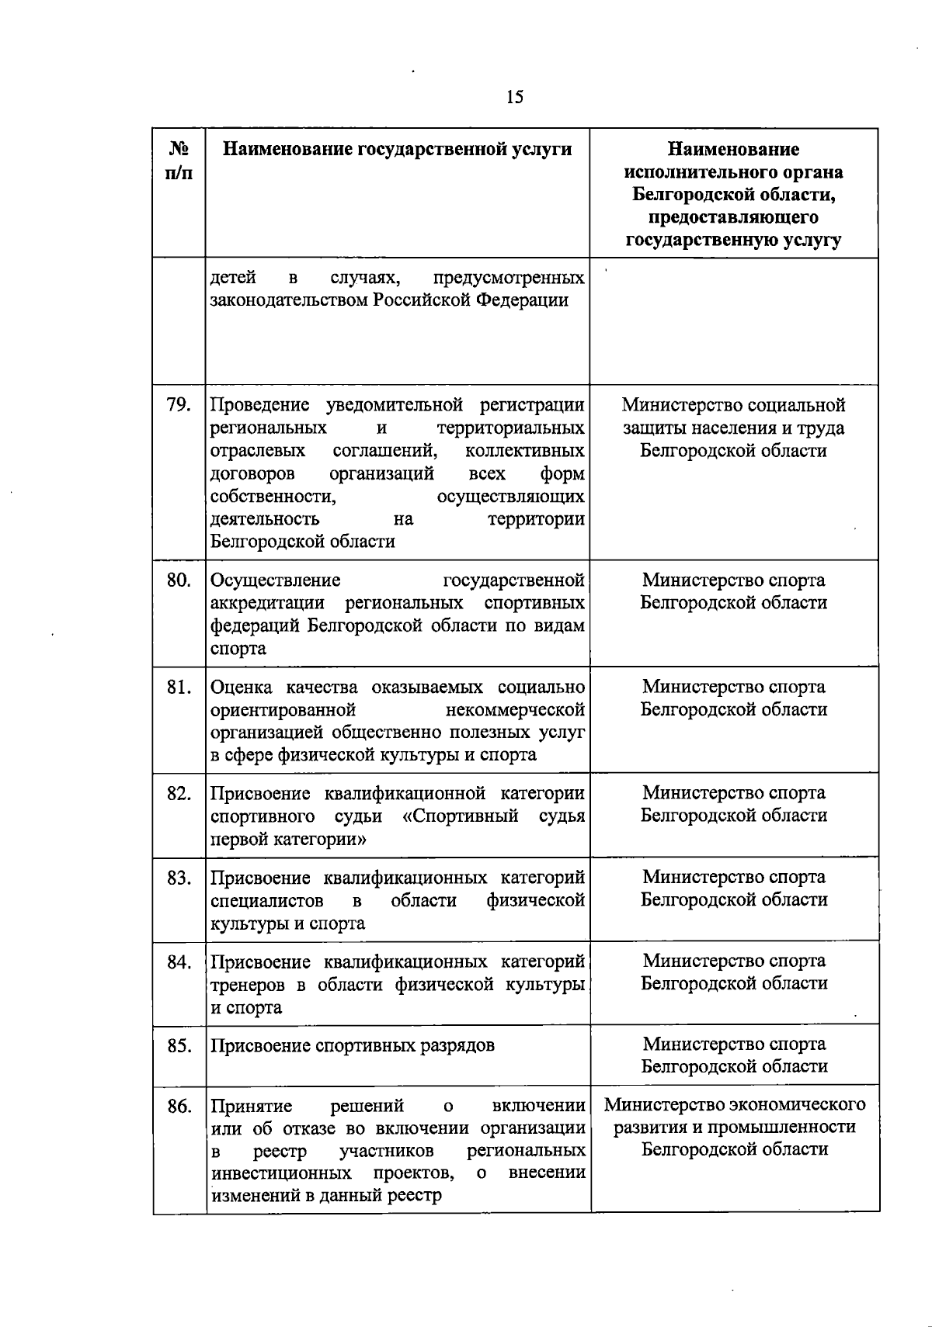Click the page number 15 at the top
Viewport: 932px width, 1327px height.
pyautogui.click(x=514, y=97)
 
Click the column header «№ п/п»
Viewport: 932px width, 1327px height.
pyautogui.click(x=179, y=161)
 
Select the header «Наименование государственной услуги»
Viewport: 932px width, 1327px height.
pyautogui.click(x=397, y=149)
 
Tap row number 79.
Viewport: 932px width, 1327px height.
pyautogui.click(x=179, y=405)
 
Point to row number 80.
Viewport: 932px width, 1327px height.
pyautogui.click(x=179, y=580)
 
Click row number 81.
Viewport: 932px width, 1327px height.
pyautogui.click(x=179, y=687)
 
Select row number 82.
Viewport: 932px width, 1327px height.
pyautogui.click(x=179, y=793)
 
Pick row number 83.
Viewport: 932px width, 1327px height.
pyautogui.click(x=179, y=878)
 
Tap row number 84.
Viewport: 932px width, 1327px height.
pyautogui.click(x=179, y=962)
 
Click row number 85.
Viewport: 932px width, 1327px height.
pyautogui.click(x=179, y=1045)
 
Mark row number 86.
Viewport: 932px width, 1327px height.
pyautogui.click(x=179, y=1106)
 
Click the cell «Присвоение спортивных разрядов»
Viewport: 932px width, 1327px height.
pyautogui.click(x=353, y=1045)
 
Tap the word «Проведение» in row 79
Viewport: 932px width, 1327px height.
pyautogui.click(x=259, y=405)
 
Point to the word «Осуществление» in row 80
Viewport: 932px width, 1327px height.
pyautogui.click(x=276, y=580)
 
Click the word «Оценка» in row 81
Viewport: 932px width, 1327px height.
pyautogui.click(x=242, y=687)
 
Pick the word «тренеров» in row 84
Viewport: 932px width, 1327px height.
pyautogui.click(x=249, y=985)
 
